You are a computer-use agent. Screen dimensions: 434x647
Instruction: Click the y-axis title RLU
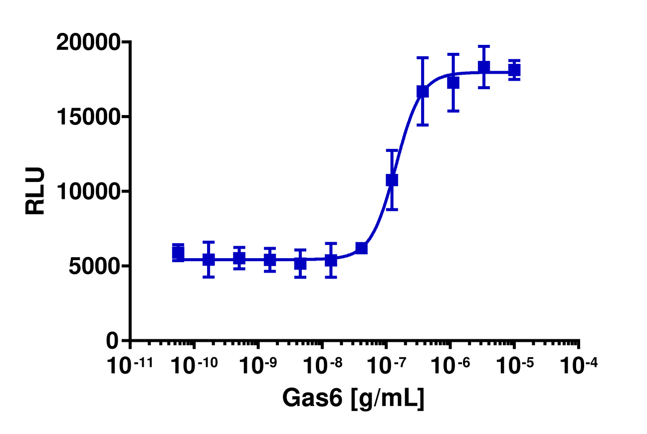tap(35, 191)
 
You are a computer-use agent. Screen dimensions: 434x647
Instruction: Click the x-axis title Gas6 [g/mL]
tap(353, 398)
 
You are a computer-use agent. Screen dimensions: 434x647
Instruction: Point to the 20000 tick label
tap(88, 43)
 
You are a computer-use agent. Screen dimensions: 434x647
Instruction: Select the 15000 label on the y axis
tap(88, 117)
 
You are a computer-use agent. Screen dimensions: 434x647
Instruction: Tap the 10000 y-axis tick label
tap(88, 191)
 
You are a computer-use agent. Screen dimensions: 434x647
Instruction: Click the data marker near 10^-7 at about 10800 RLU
tap(392, 179)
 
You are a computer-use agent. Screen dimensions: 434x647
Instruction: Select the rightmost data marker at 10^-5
tap(514, 70)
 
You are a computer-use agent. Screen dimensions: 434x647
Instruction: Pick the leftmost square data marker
tap(178, 253)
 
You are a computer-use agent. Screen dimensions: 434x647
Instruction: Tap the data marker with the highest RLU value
tap(483, 67)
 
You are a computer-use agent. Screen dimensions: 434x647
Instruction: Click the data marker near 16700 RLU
tap(423, 91)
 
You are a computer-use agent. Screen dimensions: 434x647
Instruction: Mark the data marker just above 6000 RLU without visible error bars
tap(361, 248)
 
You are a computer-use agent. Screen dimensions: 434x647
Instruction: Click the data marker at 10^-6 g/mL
tap(453, 83)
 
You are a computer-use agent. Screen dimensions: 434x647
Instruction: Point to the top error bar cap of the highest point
tap(483, 46)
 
